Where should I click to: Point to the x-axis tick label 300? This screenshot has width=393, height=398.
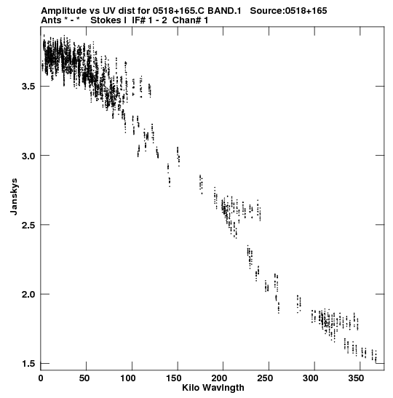tap(310, 378)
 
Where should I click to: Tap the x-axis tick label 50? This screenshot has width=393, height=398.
tap(84, 378)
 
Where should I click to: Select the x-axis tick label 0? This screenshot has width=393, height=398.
tap(41, 378)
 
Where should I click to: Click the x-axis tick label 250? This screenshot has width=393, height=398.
tap(266, 378)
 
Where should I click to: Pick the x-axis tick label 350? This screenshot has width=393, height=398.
tap(356, 378)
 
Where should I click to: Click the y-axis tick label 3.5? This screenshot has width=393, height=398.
tap(28, 87)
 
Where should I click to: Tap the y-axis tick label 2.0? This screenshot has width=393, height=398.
tap(28, 294)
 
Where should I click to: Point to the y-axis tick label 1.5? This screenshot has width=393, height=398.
tap(28, 364)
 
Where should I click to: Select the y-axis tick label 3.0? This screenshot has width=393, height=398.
tap(28, 156)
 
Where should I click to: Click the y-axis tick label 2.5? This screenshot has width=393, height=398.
tap(28, 225)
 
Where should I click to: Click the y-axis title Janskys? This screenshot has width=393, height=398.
tap(14, 196)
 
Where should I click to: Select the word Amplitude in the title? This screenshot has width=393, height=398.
tap(64, 11)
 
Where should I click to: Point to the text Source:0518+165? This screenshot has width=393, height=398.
tap(288, 11)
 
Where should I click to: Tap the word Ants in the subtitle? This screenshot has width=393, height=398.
tap(51, 20)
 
